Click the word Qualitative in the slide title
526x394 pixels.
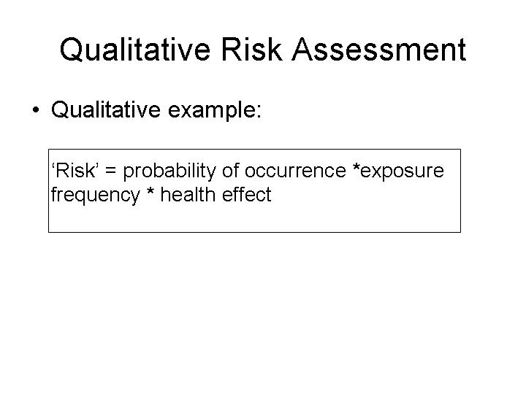135,50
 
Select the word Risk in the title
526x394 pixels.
251,49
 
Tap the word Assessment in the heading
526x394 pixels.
379,50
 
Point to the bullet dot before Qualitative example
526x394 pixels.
36,109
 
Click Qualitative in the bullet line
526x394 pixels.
106,109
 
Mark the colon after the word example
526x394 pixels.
258,112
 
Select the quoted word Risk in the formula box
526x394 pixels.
75,170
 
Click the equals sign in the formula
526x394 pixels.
110,171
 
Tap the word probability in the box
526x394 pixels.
169,171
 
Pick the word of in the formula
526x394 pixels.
230,170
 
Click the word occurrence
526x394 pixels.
295,171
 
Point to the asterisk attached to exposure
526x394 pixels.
357,166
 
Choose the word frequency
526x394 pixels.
95,196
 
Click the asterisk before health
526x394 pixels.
150,191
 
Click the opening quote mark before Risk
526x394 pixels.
53,166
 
